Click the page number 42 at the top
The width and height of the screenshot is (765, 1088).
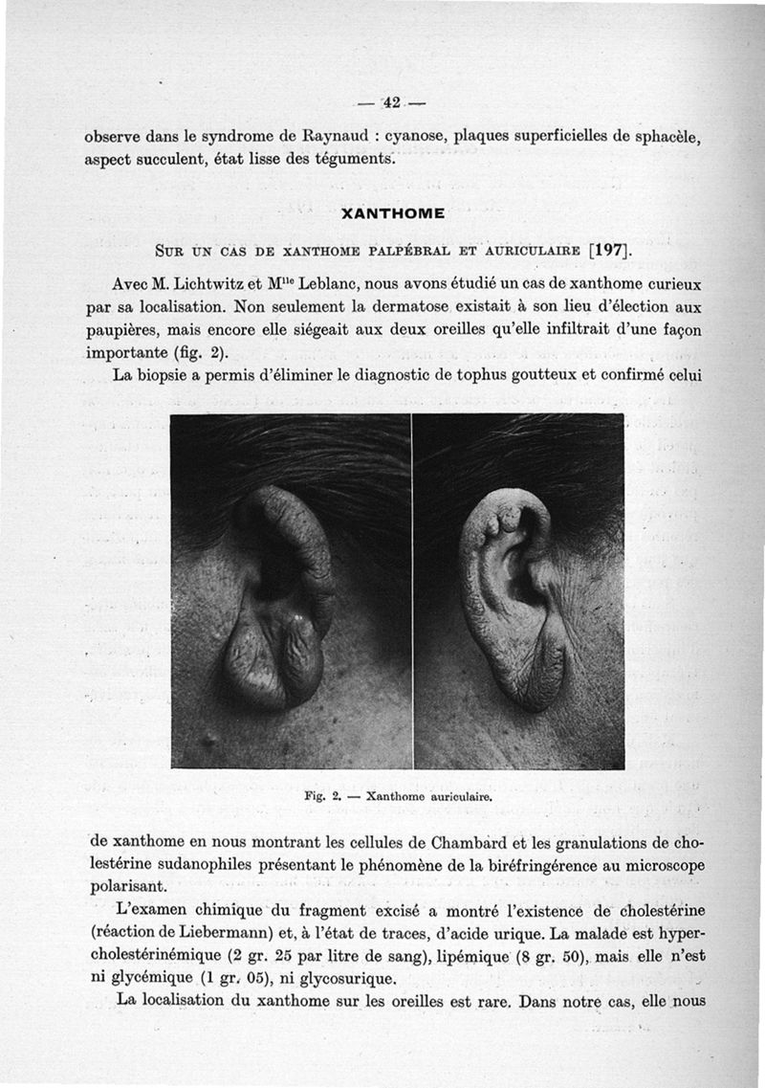coord(391,102)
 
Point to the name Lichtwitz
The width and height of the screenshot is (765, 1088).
coord(207,285)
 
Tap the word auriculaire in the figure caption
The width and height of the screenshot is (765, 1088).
coord(455,794)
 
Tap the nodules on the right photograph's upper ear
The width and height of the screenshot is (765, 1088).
coord(502,522)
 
